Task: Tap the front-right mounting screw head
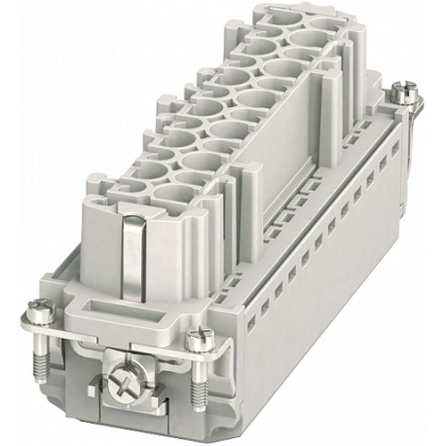[x=201, y=341]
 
